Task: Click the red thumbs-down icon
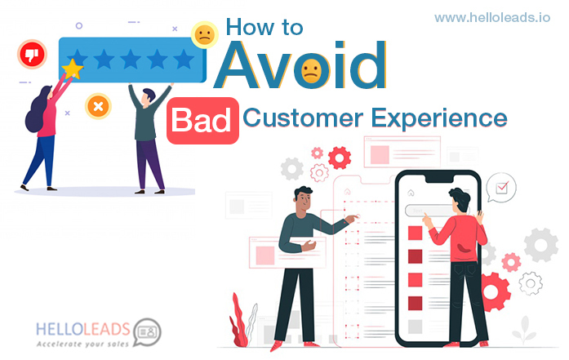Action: pos(33,55)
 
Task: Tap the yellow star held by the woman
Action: pos(72,69)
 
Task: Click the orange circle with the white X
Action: pos(98,107)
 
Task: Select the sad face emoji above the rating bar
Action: pos(205,35)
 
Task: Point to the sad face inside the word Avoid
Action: pos(311,71)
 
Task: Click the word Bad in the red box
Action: pos(202,121)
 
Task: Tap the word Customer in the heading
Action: pos(303,118)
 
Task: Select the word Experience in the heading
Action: pos(439,119)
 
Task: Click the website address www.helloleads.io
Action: pos(492,17)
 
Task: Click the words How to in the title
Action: pos(264,27)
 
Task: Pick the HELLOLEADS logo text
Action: pos(83,330)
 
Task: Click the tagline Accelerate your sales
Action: pos(82,344)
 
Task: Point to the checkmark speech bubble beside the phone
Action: pos(500,187)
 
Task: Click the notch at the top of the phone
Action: pos(439,179)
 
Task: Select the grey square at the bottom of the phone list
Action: pos(415,327)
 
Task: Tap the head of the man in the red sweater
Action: pos(460,199)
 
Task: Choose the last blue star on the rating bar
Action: pos(184,59)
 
